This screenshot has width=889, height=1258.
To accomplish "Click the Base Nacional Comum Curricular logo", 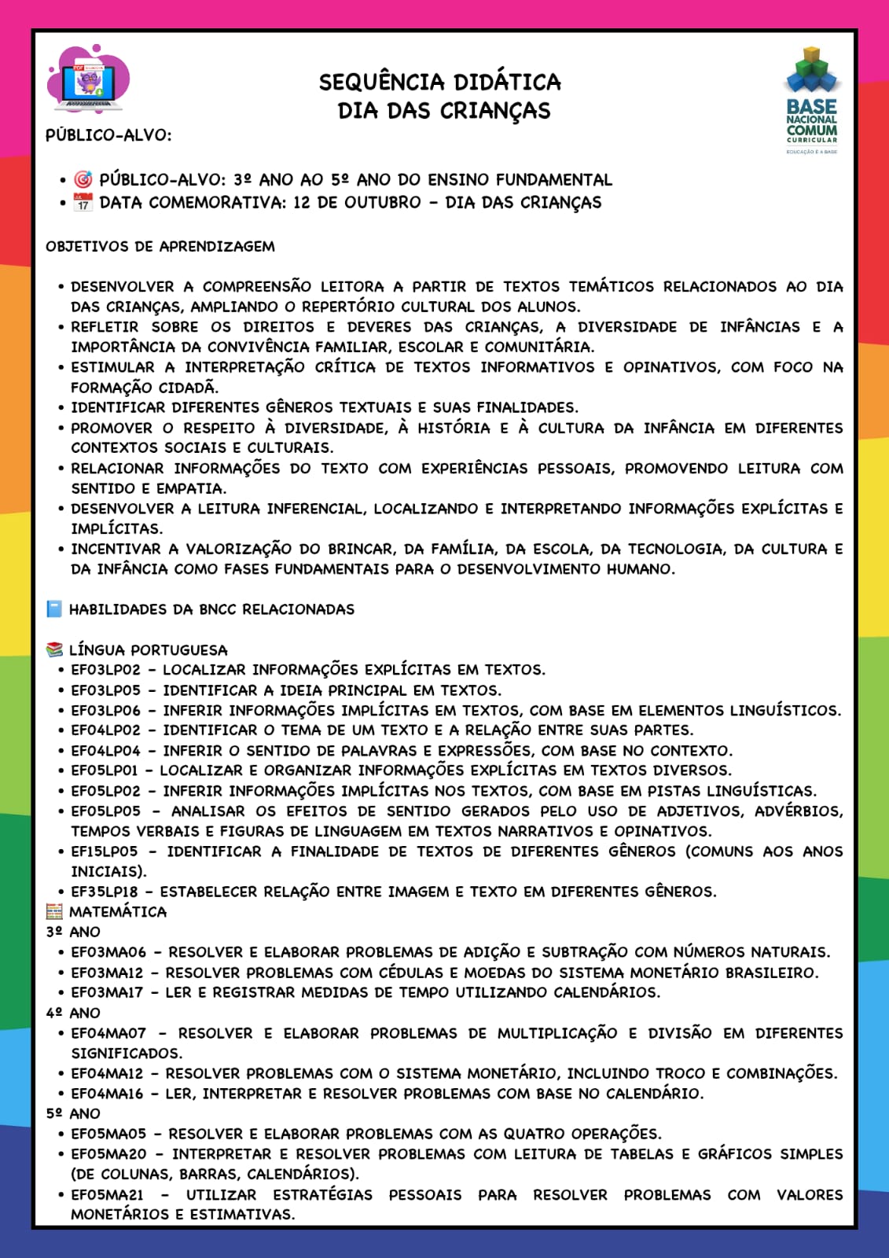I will (812, 101).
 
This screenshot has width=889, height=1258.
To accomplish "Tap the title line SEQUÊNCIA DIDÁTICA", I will (439, 82).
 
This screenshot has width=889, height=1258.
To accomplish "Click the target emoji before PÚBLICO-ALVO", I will (83, 180).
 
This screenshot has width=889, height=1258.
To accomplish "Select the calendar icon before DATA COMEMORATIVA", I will (83, 203).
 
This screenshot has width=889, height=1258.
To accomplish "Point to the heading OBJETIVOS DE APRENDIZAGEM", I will (160, 246).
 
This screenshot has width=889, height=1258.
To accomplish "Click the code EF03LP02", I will (105, 670).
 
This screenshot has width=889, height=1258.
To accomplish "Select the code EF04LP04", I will (105, 751).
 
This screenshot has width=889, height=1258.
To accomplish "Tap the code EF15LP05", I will (105, 852).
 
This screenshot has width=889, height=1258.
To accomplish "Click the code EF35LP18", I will (105, 892).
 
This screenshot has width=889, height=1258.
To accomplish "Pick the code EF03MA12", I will (107, 973).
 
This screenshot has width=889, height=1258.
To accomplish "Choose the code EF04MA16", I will (107, 1094).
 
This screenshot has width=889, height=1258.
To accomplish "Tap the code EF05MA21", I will (107, 1195).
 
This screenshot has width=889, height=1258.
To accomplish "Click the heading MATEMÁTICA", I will (118, 912).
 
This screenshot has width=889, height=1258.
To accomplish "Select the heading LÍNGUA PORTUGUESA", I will (148, 650).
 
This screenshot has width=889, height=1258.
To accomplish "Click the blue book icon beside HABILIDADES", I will (54, 609).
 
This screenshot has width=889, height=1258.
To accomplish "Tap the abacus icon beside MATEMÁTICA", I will (54, 912).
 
